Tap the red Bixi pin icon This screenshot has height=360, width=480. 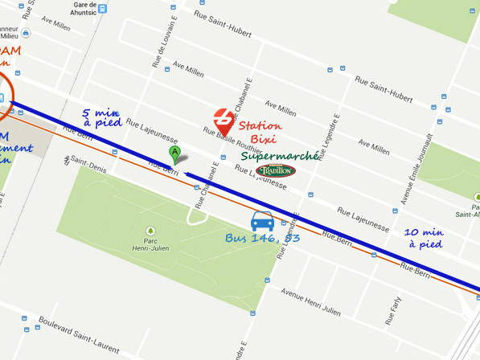pos(224,121)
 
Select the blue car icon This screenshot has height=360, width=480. pos(262,221)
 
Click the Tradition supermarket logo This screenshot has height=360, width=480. pos(276,170)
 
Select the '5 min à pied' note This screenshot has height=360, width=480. pos(102,118)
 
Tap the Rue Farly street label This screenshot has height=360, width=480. pos(391,309)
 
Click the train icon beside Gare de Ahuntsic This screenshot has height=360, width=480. pos(102,8)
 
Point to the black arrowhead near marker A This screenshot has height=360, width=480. pos(187,172)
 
